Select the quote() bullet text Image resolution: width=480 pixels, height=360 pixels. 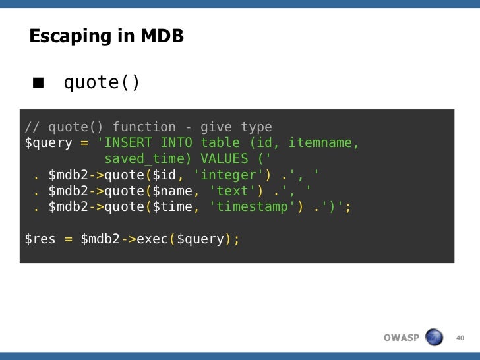coord(102,84)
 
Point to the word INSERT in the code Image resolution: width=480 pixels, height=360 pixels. coord(128,143)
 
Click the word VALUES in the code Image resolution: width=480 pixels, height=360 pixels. coord(224,159)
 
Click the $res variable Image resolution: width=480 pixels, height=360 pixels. coord(40,239)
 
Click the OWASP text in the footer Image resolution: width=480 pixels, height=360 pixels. coord(402,338)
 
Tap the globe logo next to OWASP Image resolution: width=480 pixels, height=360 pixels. coord(435,338)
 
